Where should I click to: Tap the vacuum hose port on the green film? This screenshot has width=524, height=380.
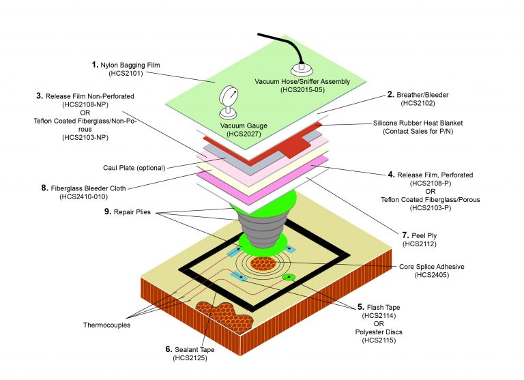[300, 68]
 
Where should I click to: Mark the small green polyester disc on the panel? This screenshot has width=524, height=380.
[289, 277]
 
